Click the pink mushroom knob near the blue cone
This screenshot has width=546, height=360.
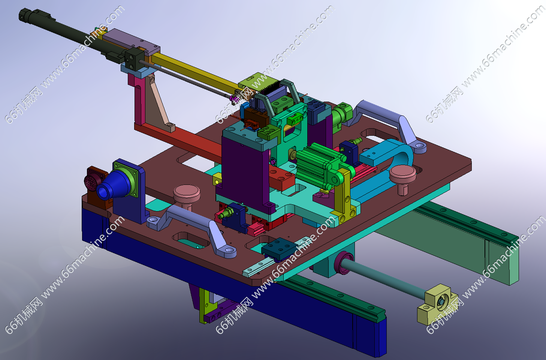187,195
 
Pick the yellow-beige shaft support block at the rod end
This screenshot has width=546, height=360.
436,305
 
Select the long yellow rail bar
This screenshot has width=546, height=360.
195,71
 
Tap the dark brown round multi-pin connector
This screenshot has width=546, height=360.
93,180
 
